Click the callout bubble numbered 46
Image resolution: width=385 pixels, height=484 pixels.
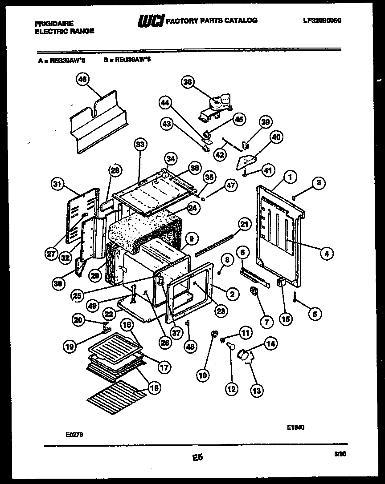coord(82,80)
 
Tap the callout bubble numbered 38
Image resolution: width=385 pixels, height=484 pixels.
coord(188,81)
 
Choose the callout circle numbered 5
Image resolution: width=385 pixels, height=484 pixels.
coord(315,314)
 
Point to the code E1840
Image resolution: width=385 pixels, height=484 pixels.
coord(296,427)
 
